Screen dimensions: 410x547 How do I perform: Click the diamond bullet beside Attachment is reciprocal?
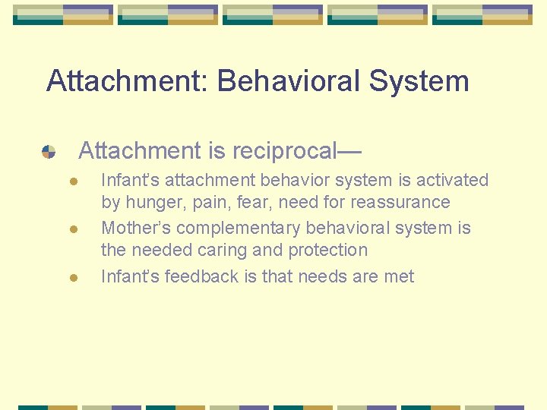pyautogui.click(x=49, y=151)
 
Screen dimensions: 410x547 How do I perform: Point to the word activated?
pyautogui.click(x=450, y=181)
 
